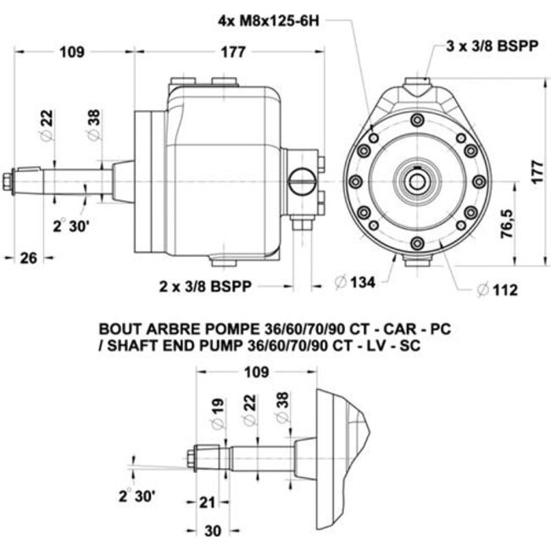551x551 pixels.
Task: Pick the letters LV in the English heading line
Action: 383,344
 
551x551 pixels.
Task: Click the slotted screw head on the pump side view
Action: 301,181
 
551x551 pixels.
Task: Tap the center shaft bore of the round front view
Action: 419,180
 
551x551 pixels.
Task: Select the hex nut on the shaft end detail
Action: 192,459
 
